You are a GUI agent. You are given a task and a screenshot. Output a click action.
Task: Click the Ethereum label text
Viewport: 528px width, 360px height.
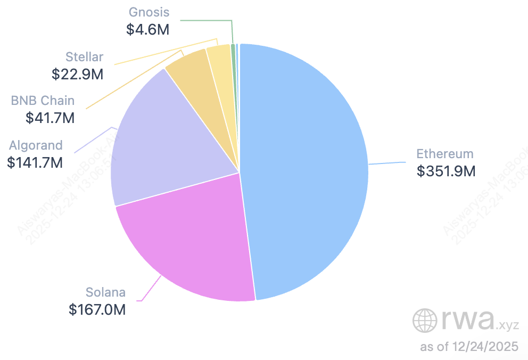444,154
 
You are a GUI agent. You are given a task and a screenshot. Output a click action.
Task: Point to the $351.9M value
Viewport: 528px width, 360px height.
446,171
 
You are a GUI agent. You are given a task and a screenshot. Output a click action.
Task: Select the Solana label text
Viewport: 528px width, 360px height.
106,292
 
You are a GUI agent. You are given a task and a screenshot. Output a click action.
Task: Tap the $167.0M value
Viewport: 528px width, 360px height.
97,309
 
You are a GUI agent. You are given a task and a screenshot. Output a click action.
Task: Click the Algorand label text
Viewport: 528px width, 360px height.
36,145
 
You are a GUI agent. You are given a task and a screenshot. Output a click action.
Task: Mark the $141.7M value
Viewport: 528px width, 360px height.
36,162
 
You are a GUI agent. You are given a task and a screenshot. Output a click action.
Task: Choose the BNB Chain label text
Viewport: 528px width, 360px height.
43,101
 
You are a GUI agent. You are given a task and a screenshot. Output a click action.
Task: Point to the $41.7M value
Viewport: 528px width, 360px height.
50,118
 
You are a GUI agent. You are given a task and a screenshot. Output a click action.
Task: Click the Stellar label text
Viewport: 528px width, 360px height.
85,56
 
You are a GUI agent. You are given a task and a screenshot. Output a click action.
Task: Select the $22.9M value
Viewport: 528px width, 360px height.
78,73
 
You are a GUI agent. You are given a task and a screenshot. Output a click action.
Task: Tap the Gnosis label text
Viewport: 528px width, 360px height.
149,12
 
